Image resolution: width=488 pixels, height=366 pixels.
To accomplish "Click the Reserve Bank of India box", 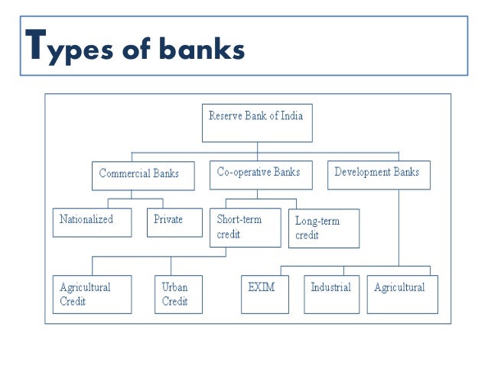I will [x=257, y=123].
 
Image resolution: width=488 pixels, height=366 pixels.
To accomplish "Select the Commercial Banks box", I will [x=138, y=174].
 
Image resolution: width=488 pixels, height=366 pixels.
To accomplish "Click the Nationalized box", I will [x=92, y=222].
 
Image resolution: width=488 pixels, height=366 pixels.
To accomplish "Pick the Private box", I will [x=174, y=222].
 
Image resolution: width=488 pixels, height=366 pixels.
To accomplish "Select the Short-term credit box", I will [x=245, y=227].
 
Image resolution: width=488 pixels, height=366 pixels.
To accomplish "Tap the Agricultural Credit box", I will [x=92, y=294].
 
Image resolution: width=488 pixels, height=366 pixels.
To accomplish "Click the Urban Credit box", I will [x=178, y=294].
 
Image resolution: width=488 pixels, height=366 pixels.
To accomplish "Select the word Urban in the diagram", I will [x=175, y=287].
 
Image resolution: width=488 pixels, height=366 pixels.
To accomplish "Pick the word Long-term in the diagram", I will [x=317, y=221].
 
